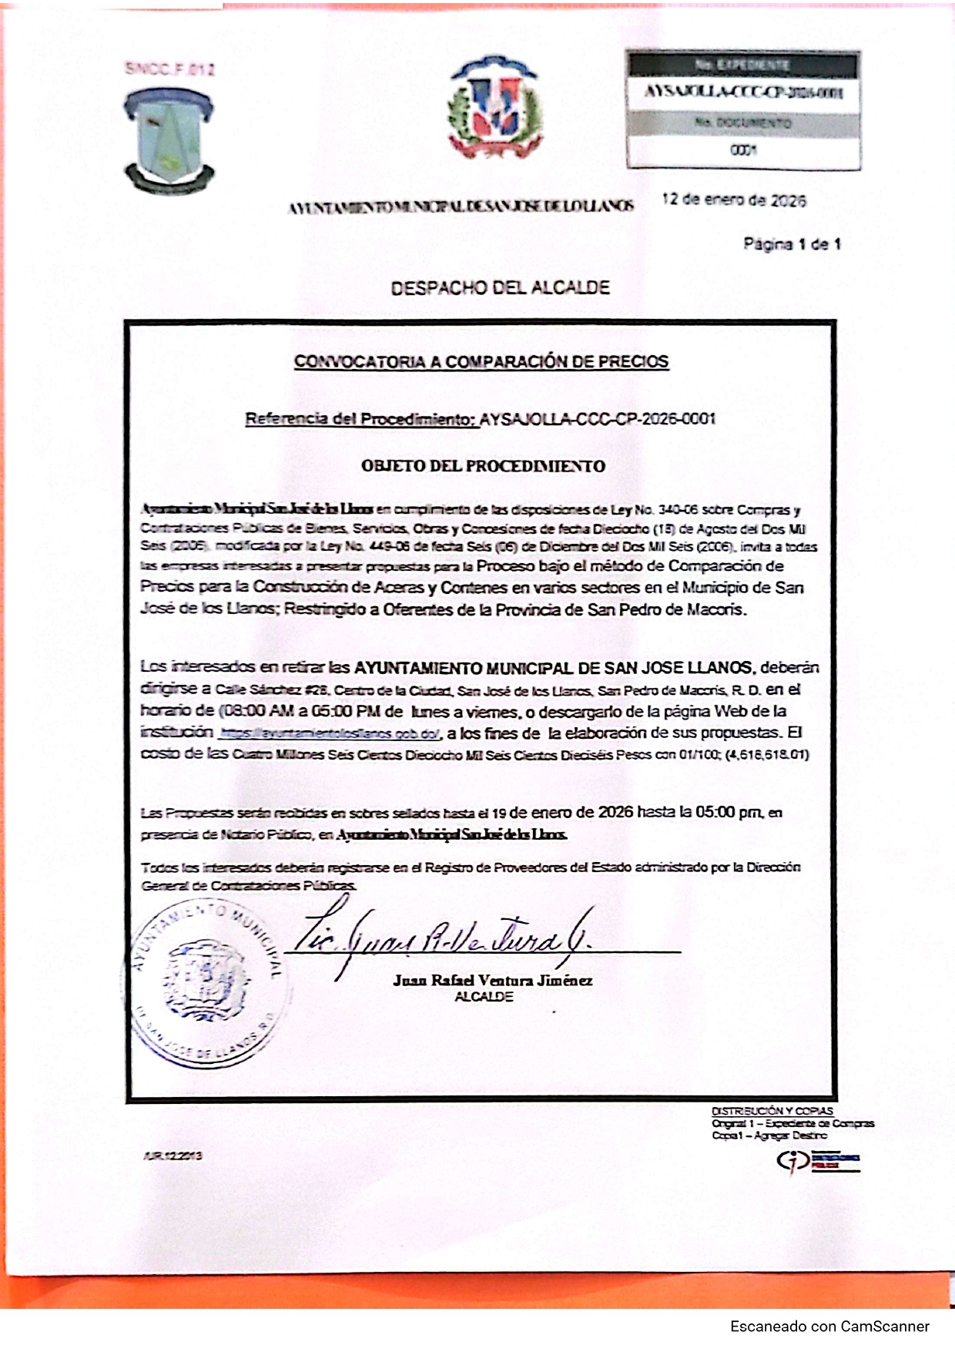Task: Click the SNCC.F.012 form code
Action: pos(169,69)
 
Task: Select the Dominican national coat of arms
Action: pos(496,107)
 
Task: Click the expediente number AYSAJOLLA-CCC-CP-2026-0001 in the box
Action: pos(743,92)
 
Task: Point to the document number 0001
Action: pos(743,150)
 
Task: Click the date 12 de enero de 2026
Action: pos(733,200)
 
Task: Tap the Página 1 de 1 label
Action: pos(792,244)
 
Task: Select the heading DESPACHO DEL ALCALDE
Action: pos(500,288)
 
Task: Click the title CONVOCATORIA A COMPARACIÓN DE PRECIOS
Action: pos(481,361)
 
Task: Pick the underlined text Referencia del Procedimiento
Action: pos(360,419)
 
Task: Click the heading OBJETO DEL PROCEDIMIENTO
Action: pos(483,466)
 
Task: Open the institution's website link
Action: pos(330,733)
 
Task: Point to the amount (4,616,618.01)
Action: pos(766,754)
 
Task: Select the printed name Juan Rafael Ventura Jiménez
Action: pos(492,981)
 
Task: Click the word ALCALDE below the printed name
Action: pos(484,997)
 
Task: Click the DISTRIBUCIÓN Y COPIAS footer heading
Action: pos(772,1111)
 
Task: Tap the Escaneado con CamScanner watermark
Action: pos(829,1327)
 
